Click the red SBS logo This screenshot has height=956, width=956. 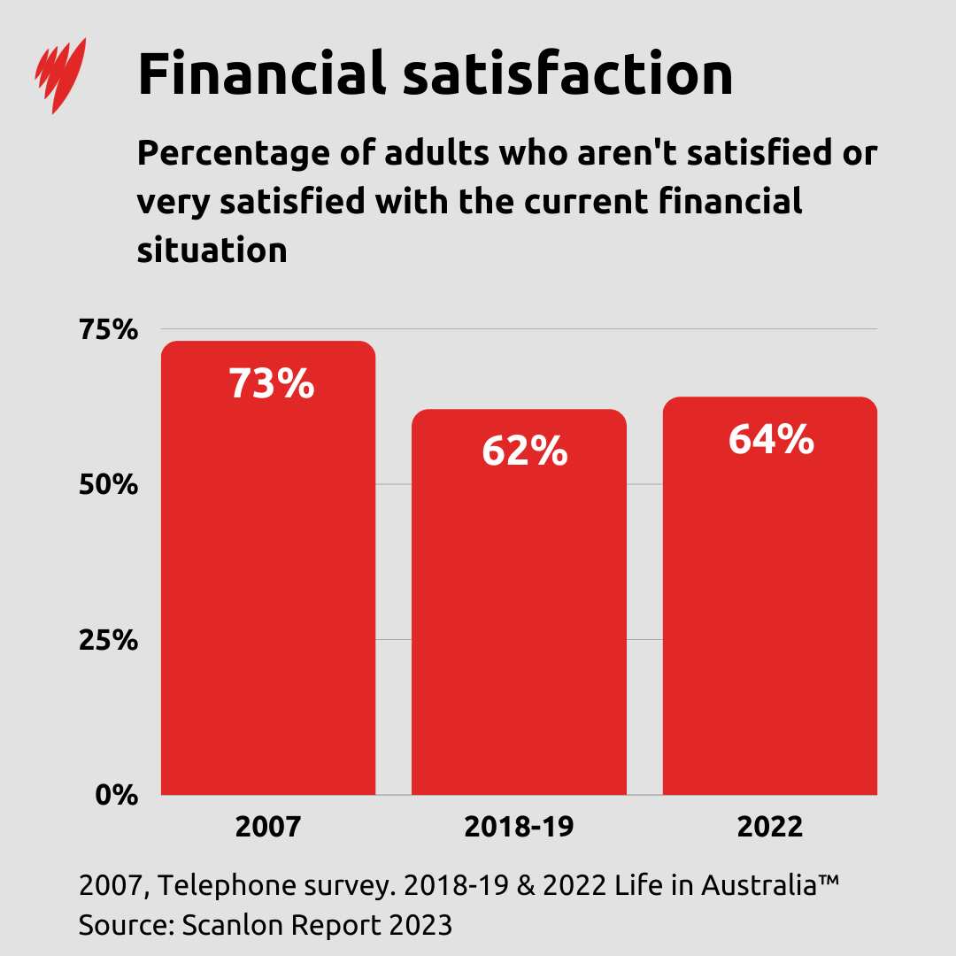59,74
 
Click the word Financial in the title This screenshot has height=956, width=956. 261,74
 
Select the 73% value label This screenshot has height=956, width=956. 272,384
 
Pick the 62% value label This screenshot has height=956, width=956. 524,451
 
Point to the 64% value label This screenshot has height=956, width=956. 771,440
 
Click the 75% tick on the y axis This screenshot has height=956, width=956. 109,330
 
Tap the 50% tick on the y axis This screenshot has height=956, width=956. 109,485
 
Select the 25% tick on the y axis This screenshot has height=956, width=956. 109,640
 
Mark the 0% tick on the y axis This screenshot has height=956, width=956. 117,795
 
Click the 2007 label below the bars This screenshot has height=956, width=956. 268,827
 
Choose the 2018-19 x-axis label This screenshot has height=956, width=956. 519,827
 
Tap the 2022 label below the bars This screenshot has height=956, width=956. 769,827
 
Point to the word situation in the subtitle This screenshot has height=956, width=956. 212,250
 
